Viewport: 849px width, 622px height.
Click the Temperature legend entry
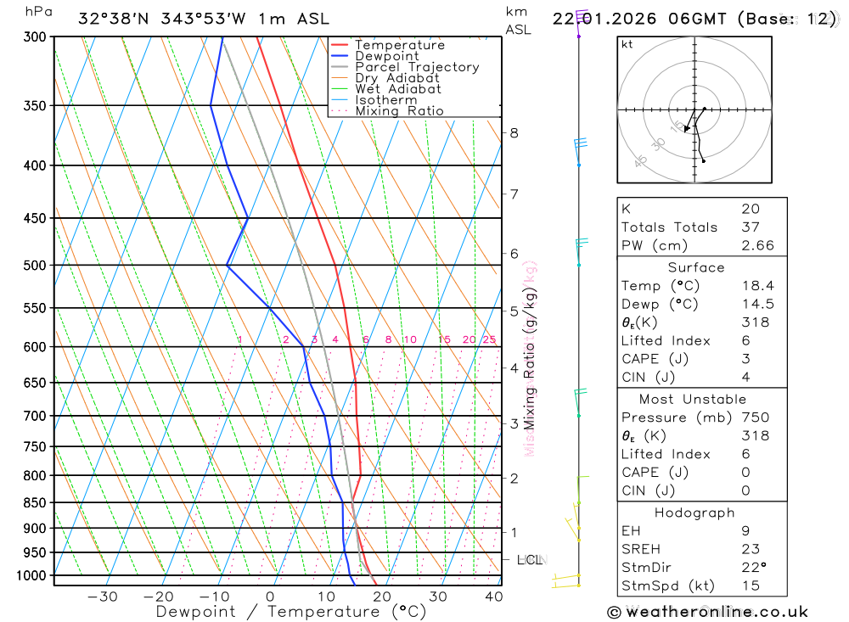[399, 45]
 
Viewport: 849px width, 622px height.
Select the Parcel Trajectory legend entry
[417, 67]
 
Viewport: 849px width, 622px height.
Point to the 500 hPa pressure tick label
[36, 266]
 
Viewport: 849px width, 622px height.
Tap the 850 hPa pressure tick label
[36, 503]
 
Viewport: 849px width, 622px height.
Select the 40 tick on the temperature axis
[492, 597]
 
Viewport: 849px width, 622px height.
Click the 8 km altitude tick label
[514, 132]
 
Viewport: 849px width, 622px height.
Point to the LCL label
[530, 560]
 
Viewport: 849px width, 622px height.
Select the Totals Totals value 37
[751, 227]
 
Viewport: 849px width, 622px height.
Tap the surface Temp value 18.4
[757, 286]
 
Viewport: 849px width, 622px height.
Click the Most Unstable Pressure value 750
[755, 417]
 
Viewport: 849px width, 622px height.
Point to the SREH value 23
[751, 549]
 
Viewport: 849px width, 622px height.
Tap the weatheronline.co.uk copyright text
[707, 612]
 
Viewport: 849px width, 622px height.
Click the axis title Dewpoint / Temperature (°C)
[290, 611]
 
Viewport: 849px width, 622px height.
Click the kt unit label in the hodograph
[627, 44]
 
